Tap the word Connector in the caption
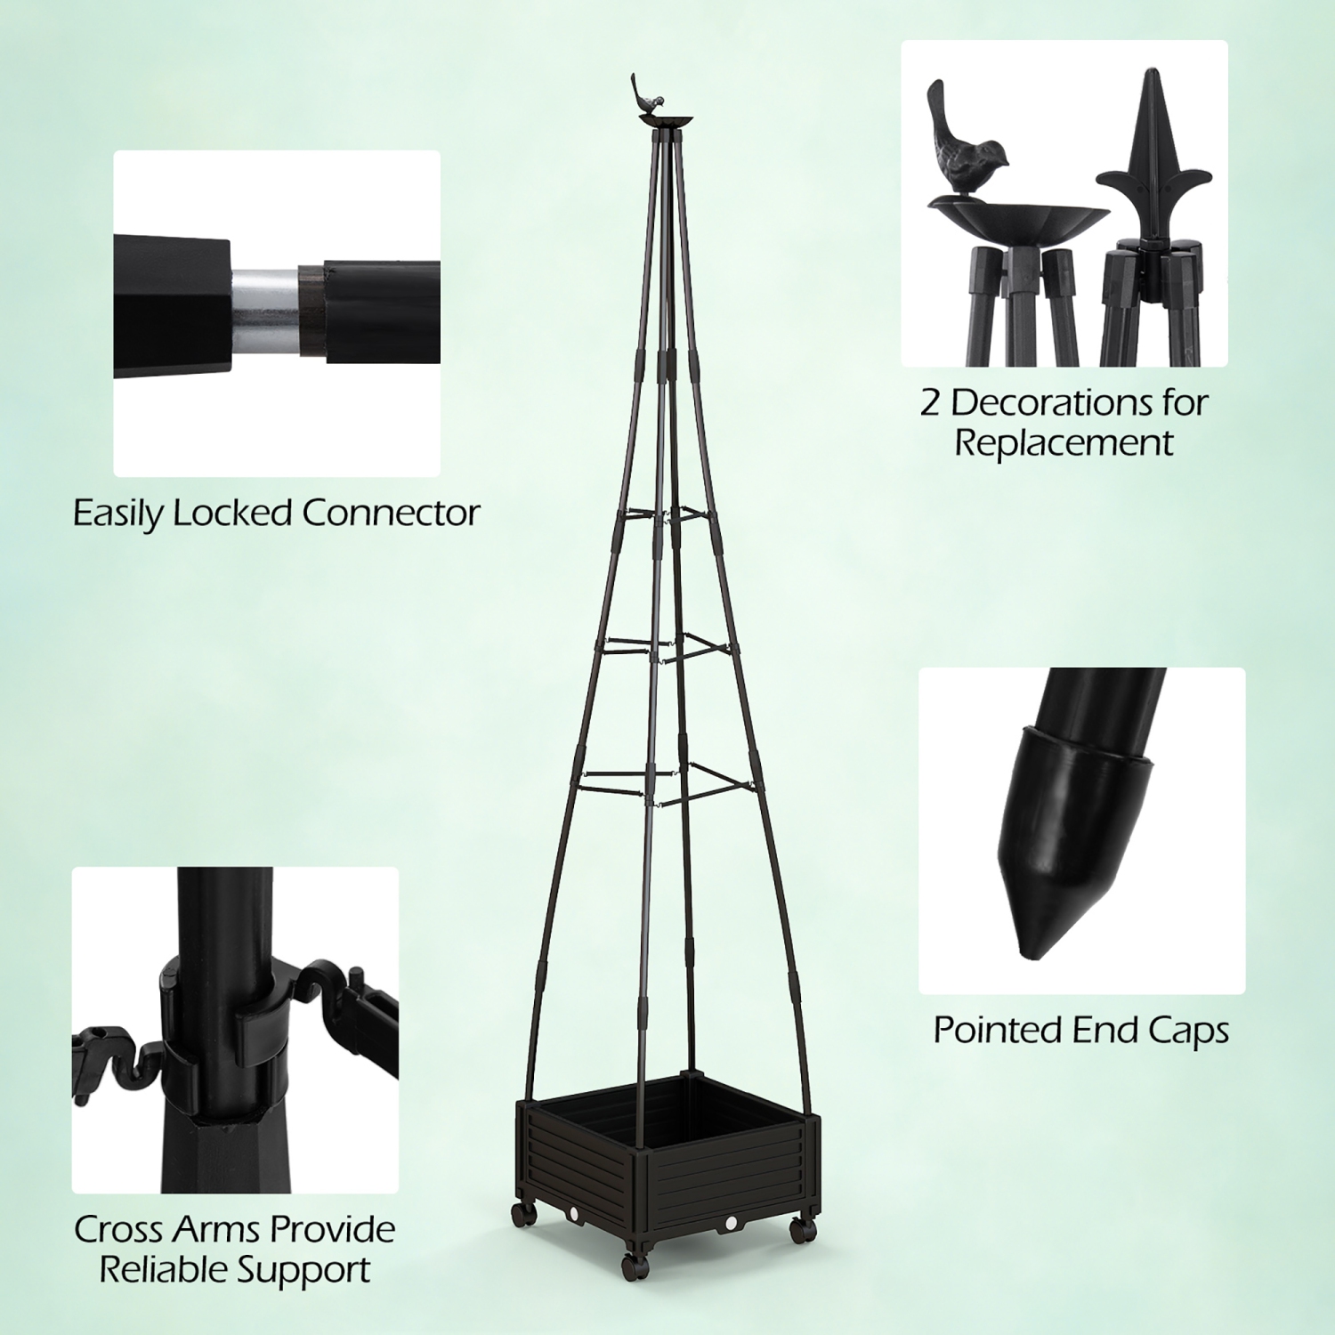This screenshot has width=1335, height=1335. [391, 513]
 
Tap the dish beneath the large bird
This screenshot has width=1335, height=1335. [1018, 219]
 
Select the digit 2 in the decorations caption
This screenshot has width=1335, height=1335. [930, 403]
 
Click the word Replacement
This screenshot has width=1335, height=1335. [1064, 442]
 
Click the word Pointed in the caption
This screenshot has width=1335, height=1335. [998, 1030]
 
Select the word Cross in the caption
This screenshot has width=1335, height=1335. [119, 1229]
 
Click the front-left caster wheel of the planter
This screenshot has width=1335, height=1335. [632, 1265]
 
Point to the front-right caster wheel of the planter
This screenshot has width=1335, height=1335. [804, 1232]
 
